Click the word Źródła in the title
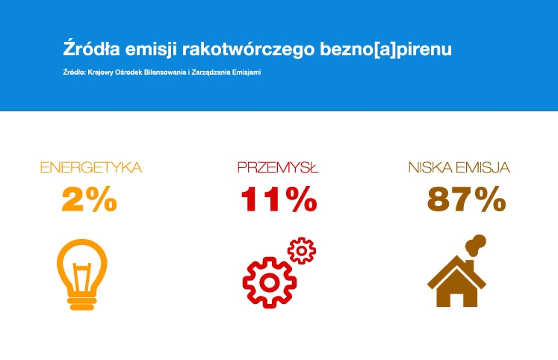pyautogui.click(x=91, y=49)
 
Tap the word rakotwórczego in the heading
pyautogui.click(x=249, y=49)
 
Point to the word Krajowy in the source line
pyautogui.click(x=99, y=72)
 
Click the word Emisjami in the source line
pyautogui.click(x=247, y=72)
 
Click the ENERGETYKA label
pyautogui.click(x=91, y=167)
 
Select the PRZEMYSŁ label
pyautogui.click(x=278, y=167)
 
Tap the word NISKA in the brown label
pyautogui.click(x=430, y=167)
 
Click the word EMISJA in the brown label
pyautogui.click(x=483, y=168)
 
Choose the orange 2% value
pyautogui.click(x=90, y=199)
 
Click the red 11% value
pyautogui.click(x=279, y=199)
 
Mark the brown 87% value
pyautogui.click(x=467, y=199)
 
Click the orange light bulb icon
pyautogui.click(x=82, y=274)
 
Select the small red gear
pyautogui.click(x=302, y=250)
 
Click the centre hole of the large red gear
pyautogui.click(x=270, y=283)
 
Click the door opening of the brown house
pyautogui.click(x=457, y=300)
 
